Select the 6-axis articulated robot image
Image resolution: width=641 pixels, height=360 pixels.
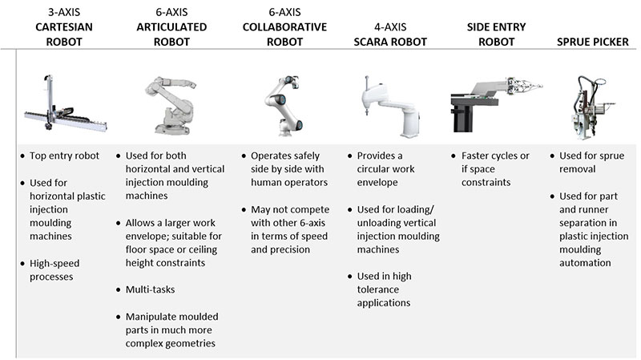(171, 105)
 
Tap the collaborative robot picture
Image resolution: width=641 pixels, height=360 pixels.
(284, 105)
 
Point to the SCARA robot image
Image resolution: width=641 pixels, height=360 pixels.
(389, 107)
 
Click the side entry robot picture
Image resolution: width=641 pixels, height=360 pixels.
(496, 104)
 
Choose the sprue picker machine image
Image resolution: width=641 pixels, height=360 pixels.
(592, 107)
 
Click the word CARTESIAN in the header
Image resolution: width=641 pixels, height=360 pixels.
(64, 27)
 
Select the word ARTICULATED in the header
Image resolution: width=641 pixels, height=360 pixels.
(171, 27)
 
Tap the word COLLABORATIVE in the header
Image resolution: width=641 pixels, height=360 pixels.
(284, 27)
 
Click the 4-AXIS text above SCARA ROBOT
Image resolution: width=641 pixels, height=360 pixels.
(390, 27)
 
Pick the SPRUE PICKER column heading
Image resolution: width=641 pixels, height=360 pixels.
(593, 42)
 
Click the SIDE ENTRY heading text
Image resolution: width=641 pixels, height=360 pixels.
(496, 27)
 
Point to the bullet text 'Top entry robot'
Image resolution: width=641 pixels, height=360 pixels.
(64, 156)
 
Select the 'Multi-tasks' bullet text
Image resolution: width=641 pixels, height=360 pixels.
(150, 289)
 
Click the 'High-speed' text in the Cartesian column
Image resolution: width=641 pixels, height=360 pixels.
(54, 264)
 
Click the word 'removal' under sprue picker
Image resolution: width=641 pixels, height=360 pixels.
(577, 169)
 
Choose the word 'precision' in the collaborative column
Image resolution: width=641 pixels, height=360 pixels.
(290, 250)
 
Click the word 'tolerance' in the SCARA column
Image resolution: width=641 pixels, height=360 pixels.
(377, 289)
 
